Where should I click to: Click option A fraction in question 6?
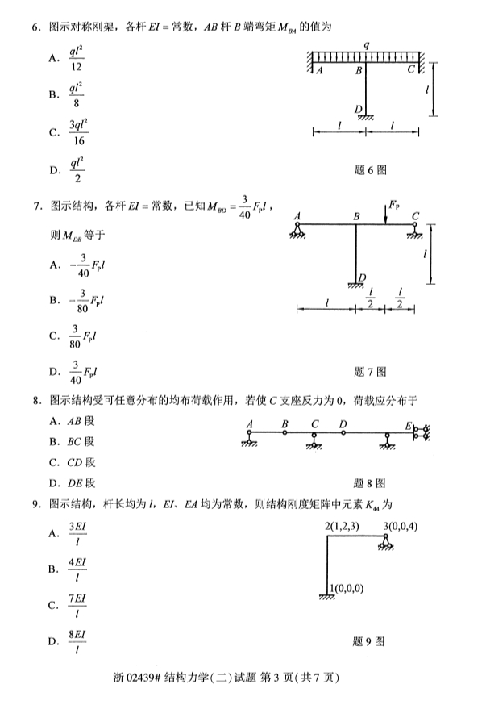[77, 58]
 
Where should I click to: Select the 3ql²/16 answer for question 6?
[78, 131]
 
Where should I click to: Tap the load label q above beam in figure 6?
[366, 46]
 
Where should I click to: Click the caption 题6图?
[370, 170]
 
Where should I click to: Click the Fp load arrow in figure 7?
[384, 214]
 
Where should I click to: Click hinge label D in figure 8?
[343, 424]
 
